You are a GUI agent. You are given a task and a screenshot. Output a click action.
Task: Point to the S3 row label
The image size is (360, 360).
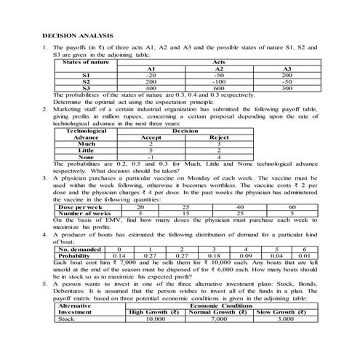tap(86, 88)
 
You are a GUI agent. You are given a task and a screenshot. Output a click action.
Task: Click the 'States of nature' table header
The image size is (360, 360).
tap(86, 62)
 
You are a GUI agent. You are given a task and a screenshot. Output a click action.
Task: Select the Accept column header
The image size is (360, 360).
tap(151, 137)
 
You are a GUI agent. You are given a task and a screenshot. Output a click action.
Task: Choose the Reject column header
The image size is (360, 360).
tap(219, 137)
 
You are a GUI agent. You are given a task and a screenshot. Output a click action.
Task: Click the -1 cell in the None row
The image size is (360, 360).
tap(151, 156)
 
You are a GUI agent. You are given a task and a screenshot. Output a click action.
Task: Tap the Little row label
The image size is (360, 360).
tap(86, 150)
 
